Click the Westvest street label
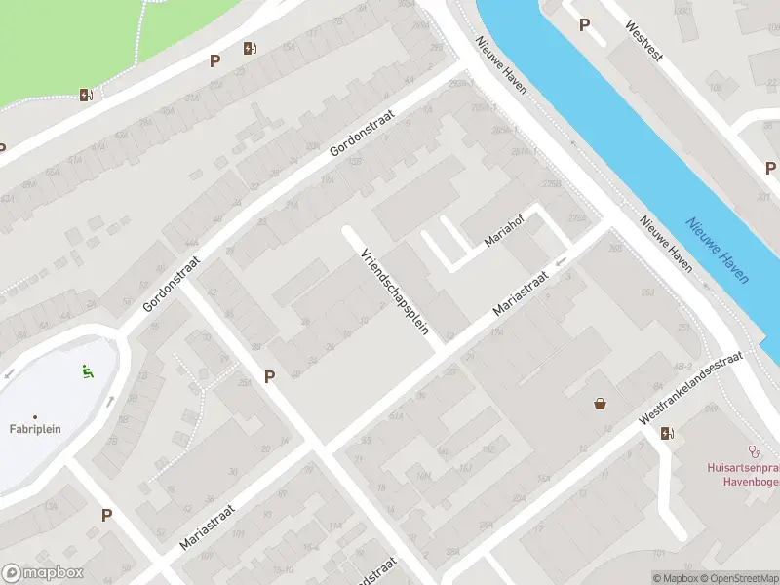coord(644,42)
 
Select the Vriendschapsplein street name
coord(395,292)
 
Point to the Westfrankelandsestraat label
coord(690,388)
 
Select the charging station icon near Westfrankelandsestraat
coord(667,433)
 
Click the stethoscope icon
coord(753,450)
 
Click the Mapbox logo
coord(43,573)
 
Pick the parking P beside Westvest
coord(584,25)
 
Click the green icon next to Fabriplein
coord(87,370)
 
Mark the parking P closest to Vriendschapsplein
coord(269,376)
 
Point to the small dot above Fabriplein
coord(36,416)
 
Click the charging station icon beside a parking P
coord(251,49)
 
